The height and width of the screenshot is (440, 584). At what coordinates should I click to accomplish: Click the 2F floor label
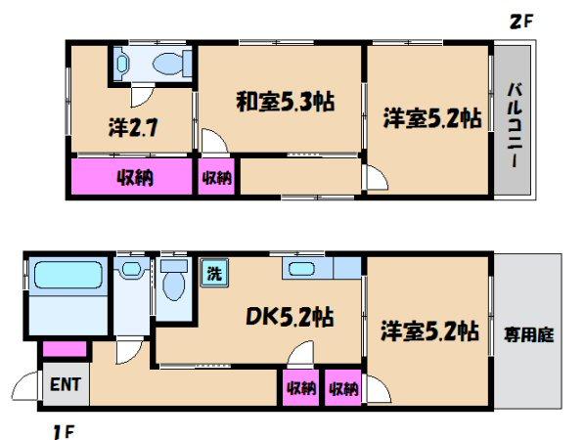click(x=521, y=22)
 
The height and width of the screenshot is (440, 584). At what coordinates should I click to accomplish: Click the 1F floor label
click(x=65, y=432)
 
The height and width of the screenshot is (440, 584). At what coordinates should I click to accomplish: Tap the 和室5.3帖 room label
click(x=286, y=102)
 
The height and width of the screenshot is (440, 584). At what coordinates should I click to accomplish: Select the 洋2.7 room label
click(x=133, y=127)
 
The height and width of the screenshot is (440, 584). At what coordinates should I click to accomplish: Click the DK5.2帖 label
click(x=290, y=317)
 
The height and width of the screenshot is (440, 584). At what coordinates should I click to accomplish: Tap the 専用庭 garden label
click(x=528, y=334)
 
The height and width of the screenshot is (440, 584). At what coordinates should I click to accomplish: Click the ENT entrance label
click(x=66, y=384)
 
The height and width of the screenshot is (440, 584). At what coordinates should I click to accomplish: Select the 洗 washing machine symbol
click(x=214, y=273)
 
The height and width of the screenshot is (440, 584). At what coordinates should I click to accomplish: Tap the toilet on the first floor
click(x=174, y=280)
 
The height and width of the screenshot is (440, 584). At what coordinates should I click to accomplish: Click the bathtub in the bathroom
click(x=68, y=275)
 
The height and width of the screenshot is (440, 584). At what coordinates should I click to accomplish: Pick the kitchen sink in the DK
click(x=301, y=268)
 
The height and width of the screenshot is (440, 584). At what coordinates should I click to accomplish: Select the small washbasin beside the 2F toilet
click(x=121, y=64)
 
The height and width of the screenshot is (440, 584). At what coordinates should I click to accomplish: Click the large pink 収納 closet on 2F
click(x=131, y=176)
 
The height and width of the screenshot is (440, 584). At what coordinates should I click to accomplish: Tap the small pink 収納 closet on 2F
click(x=216, y=176)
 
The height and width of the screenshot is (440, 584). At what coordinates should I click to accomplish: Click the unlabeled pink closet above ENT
click(x=65, y=349)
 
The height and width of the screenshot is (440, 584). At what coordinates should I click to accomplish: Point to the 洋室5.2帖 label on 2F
click(x=432, y=118)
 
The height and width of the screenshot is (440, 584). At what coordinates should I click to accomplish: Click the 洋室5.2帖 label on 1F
click(x=429, y=330)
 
